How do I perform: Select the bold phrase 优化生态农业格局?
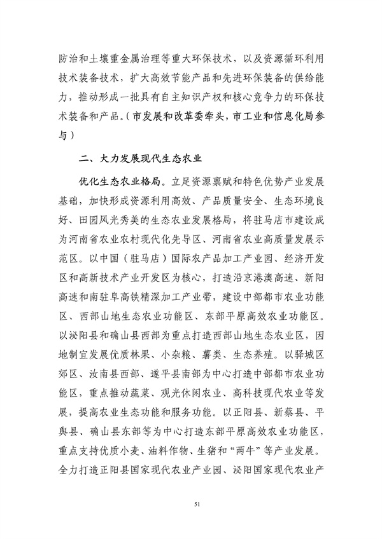click(118, 179)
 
